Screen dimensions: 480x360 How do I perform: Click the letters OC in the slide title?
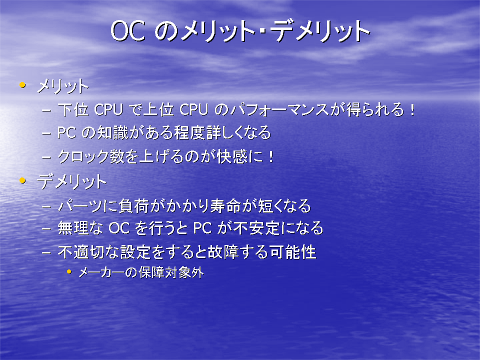pyautogui.click(x=127, y=30)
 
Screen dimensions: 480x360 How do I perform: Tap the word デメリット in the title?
pyautogui.click(x=320, y=30)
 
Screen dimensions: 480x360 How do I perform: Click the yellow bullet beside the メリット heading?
pyautogui.click(x=22, y=84)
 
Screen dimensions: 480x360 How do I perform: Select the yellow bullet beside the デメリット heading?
pyautogui.click(x=22, y=180)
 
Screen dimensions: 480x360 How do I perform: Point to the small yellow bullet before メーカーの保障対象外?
pyautogui.click(x=69, y=271)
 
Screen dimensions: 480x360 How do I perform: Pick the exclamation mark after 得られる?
pyautogui.click(x=412, y=109)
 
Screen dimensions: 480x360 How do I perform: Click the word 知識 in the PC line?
pyautogui.click(x=112, y=132)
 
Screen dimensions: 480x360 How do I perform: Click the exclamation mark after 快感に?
pyautogui.click(x=270, y=156)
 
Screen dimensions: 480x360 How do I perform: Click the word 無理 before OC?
pyautogui.click(x=73, y=228)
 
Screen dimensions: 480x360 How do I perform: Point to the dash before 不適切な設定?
pyautogui.click(x=46, y=252)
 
